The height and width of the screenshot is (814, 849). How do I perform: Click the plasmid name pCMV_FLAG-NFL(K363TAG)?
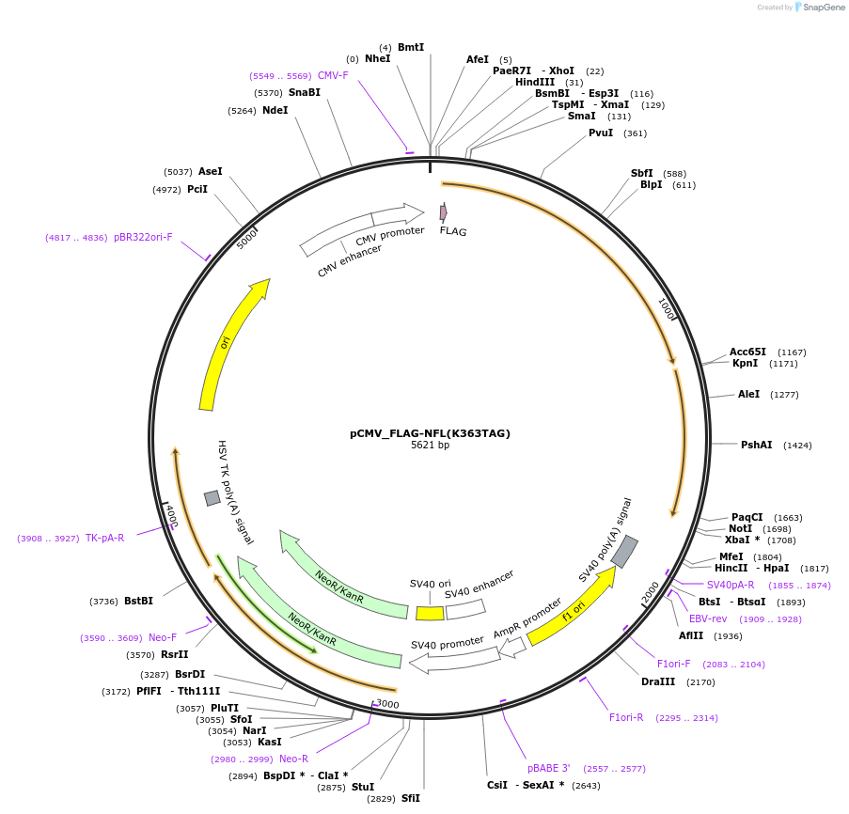[x=430, y=433]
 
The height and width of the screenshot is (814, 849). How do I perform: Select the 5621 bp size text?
[x=430, y=446]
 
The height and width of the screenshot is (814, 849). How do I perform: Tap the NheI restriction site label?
[x=377, y=58]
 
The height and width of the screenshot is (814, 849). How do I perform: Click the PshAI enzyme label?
[x=756, y=445]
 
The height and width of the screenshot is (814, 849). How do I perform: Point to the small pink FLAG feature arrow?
[x=443, y=213]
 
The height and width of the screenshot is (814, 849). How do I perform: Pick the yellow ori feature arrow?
[x=230, y=342]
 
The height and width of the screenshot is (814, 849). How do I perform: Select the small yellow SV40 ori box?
[x=430, y=613]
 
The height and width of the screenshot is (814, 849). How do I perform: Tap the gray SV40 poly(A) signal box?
[x=624, y=552]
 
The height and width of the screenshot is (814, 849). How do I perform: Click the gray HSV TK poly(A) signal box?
[x=212, y=497]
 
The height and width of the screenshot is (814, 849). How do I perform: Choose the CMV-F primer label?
[x=333, y=75]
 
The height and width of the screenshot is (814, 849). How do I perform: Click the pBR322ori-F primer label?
[x=143, y=237]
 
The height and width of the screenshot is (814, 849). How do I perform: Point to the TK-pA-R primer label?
[x=104, y=538]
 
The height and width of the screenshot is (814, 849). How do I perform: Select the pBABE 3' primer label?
[x=549, y=768]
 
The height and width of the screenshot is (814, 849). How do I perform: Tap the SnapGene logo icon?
[x=798, y=7]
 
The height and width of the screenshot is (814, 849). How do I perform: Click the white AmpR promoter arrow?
[x=512, y=647]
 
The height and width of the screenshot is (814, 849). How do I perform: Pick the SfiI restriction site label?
[x=411, y=798]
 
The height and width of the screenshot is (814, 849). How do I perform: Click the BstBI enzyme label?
[x=138, y=601]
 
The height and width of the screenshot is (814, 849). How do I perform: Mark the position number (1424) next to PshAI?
[x=797, y=445]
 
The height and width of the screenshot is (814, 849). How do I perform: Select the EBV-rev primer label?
[x=708, y=618]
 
